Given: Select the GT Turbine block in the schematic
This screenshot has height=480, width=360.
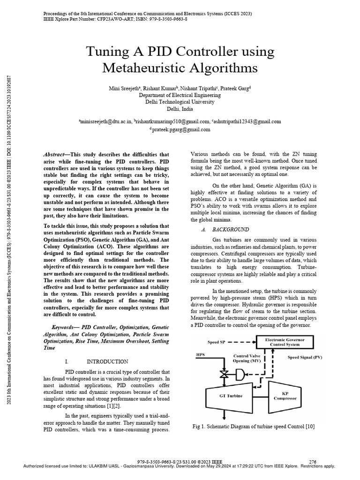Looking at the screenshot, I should [231, 396].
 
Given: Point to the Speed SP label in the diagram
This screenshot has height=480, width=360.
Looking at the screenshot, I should [216, 342].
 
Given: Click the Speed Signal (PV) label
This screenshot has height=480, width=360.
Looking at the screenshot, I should [304, 358].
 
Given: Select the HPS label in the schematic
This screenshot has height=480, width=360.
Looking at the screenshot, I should [200, 355].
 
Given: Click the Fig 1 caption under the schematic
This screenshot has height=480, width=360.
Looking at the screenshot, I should [253, 426].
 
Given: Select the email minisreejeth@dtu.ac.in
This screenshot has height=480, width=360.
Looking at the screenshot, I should [105, 121].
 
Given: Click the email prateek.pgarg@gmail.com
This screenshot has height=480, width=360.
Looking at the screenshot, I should [180, 129].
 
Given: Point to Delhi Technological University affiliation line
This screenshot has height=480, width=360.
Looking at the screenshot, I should [180, 102].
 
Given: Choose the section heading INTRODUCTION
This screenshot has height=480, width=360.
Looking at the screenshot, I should [107, 361].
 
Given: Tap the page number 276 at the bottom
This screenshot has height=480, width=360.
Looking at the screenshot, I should [315, 461].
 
